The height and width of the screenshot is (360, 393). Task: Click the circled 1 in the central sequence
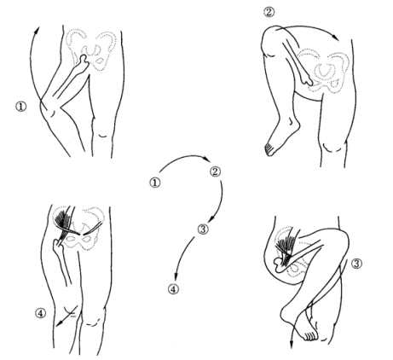(155, 183)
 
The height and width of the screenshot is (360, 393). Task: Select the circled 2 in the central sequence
(215, 171)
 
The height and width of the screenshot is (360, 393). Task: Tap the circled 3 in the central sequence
(203, 229)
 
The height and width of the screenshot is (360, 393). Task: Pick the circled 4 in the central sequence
(173, 289)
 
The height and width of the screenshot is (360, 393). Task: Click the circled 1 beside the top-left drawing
(20, 107)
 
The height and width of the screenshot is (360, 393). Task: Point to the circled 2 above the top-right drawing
(269, 12)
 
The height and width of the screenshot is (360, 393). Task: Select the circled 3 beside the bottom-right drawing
(356, 264)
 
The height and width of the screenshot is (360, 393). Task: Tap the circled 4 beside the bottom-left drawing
(40, 313)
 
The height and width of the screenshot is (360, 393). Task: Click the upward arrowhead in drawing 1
(38, 30)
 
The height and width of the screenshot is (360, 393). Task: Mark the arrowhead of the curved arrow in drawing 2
(336, 38)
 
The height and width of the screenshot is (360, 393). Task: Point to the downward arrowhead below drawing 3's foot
(292, 345)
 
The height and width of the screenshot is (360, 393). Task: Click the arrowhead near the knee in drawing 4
(59, 324)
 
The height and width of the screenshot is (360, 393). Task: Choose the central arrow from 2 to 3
(221, 202)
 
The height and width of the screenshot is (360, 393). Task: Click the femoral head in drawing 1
(84, 60)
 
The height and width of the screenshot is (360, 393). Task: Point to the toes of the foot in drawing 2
(269, 150)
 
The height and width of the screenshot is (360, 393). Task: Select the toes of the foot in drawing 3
(310, 336)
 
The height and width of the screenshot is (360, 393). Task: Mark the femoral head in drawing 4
(57, 245)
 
